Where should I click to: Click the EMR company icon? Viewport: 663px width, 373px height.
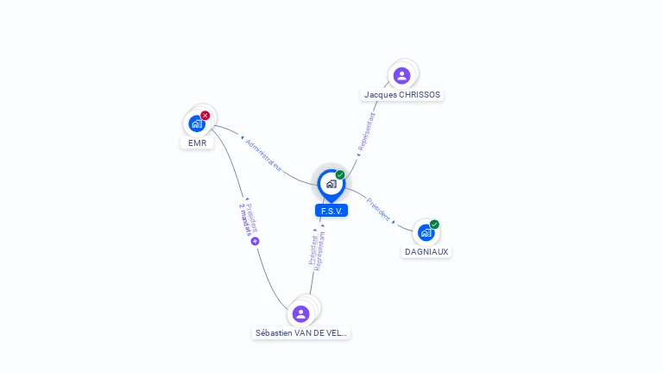(197, 124)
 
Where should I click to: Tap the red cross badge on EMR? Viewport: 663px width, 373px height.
(205, 116)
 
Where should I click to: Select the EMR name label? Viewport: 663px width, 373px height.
(198, 143)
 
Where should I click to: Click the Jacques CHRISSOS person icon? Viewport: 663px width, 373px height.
(401, 76)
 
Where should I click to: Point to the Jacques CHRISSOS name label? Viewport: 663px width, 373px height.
(402, 95)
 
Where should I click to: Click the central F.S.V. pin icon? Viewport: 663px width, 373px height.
(331, 186)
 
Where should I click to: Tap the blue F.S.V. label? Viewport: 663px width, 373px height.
(331, 211)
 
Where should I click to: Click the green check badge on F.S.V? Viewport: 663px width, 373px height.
(340, 174)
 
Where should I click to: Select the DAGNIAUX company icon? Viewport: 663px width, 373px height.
(426, 232)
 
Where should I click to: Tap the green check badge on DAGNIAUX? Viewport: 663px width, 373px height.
(434, 224)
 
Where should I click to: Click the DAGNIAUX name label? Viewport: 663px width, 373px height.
(426, 251)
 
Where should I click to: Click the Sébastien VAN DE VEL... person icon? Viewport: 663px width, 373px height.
(300, 313)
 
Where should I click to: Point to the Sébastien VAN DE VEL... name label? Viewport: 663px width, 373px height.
(301, 332)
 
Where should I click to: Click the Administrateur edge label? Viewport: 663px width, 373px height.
(263, 155)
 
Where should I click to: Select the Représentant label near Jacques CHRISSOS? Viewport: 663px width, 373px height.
(367, 131)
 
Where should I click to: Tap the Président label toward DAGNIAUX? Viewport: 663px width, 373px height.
(378, 209)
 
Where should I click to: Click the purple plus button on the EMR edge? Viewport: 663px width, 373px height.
(255, 241)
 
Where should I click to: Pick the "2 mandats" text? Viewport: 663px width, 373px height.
(246, 219)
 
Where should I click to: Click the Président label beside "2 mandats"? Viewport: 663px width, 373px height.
(252, 218)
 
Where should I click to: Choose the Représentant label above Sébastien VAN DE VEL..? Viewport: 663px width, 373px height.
(319, 251)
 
